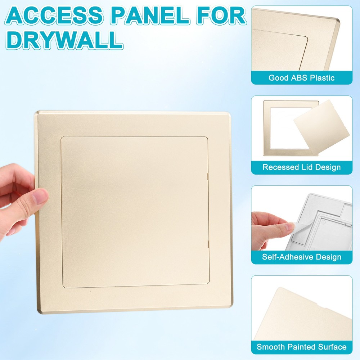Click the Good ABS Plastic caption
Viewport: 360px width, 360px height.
301,78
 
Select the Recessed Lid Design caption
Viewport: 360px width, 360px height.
301,167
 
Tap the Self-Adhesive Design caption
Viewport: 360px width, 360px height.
301,257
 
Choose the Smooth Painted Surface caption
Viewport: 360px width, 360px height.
301,347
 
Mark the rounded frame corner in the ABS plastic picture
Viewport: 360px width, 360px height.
337,21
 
